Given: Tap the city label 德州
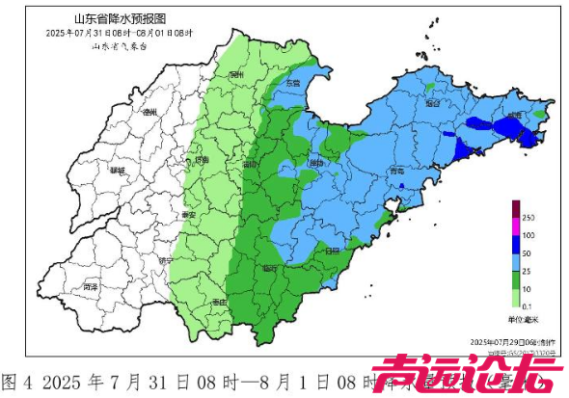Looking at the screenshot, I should pyautogui.click(x=149, y=113).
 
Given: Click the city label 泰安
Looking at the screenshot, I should pyautogui.click(x=188, y=214).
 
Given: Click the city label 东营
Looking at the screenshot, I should pyautogui.click(x=292, y=85).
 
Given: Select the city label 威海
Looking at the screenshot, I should pyautogui.click(x=518, y=116).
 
